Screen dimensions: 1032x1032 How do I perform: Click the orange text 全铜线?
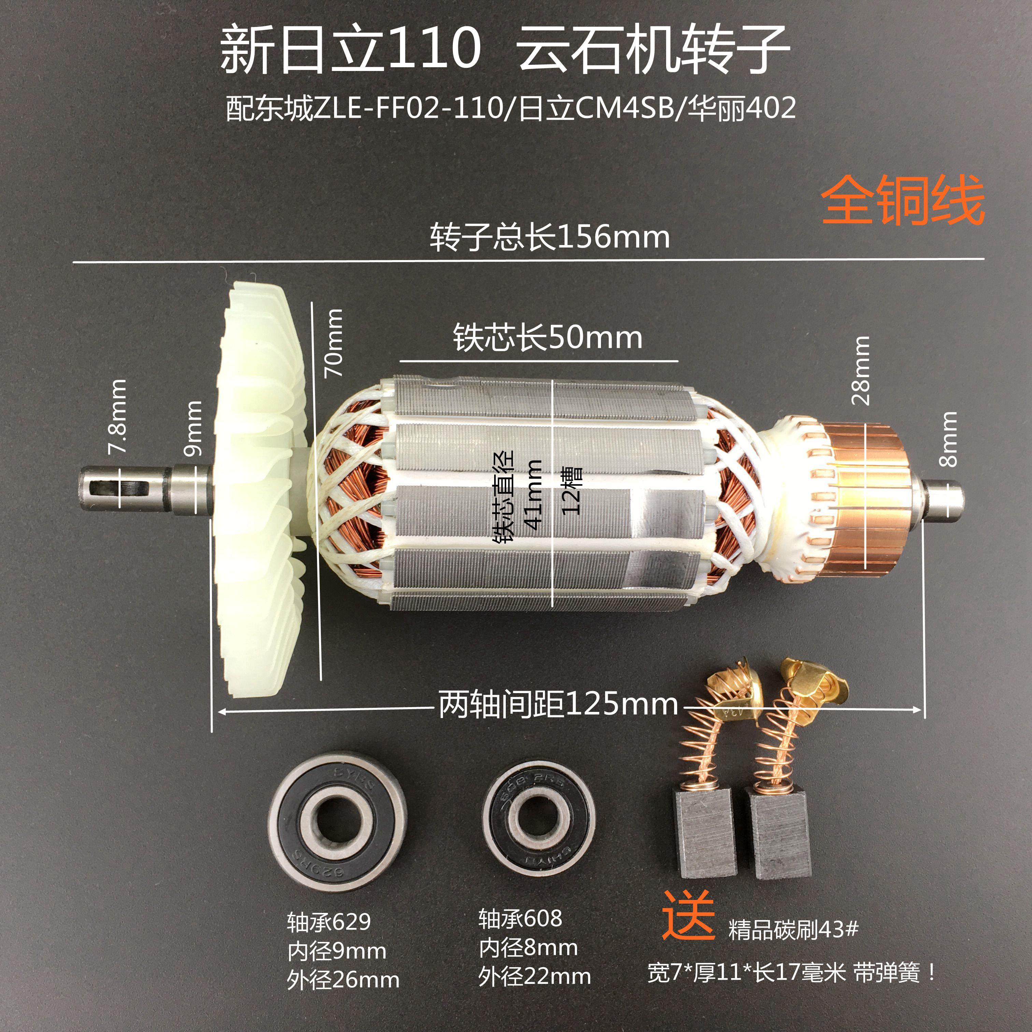902,201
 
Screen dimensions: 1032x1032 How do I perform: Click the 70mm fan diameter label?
334,342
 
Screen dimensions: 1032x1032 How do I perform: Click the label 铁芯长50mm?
547,338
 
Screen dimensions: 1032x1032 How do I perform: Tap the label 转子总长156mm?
550,237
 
